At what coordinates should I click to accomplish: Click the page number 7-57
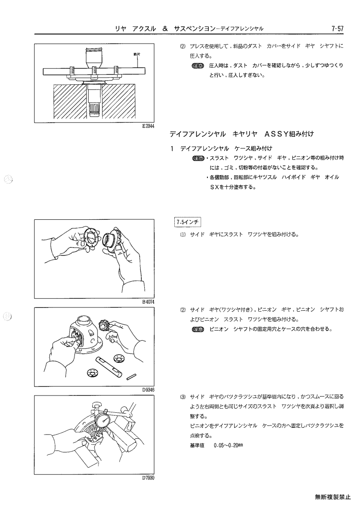pyautogui.click(x=337, y=29)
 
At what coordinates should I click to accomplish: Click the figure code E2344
pyautogui.click(x=148, y=126)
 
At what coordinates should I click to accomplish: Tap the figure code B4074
pyautogui.click(x=148, y=302)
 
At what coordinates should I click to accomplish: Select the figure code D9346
pyautogui.click(x=148, y=390)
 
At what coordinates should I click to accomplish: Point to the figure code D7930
pyautogui.click(x=148, y=478)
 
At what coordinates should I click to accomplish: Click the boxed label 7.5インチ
pyautogui.click(x=188, y=223)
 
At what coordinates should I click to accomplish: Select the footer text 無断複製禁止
pyautogui.click(x=332, y=497)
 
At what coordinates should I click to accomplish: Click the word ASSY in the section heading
pyautogui.click(x=277, y=134)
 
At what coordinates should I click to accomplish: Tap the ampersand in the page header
pyautogui.click(x=165, y=29)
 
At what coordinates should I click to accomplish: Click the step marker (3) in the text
pyautogui.click(x=183, y=397)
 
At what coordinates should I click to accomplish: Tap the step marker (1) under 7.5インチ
pyautogui.click(x=183, y=234)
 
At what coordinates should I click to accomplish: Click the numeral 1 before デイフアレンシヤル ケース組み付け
pyautogui.click(x=173, y=149)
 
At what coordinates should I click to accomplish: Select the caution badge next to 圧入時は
pyautogui.click(x=197, y=66)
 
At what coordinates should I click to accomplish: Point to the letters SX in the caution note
pyautogui.click(x=214, y=188)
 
